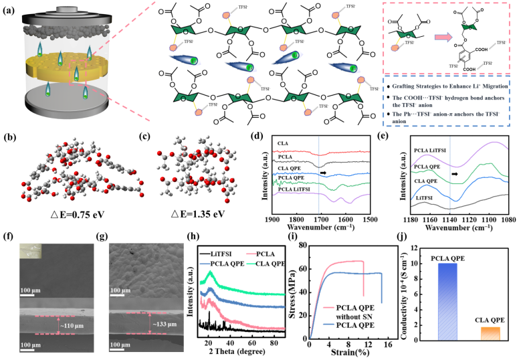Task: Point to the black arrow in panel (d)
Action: [x=322, y=173]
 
